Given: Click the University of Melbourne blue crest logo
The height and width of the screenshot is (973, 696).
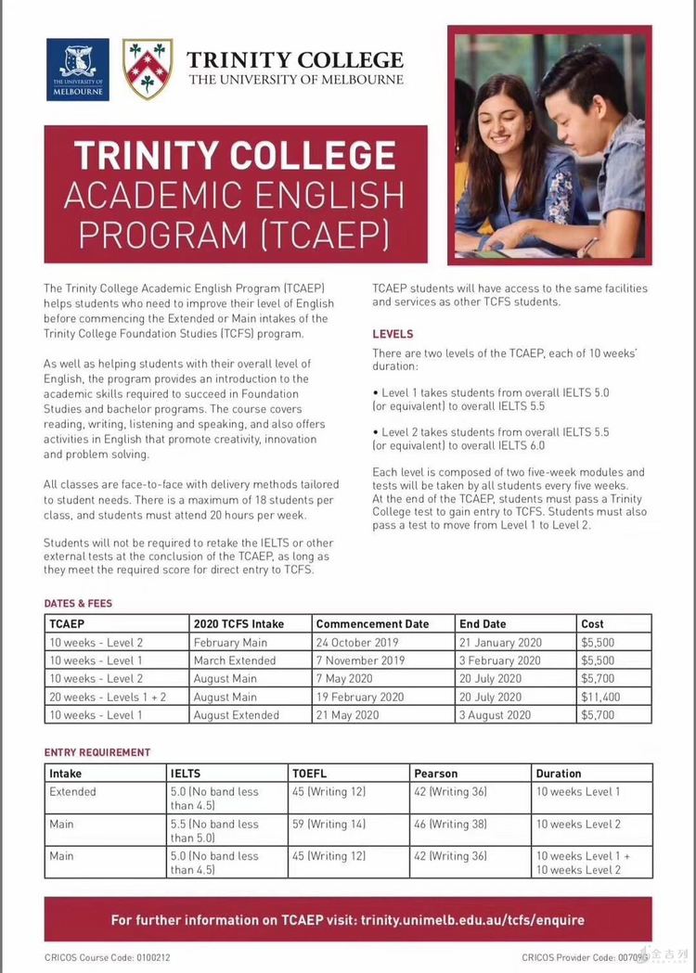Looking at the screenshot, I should (77, 69).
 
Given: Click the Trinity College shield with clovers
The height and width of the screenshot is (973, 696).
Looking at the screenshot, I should (147, 69).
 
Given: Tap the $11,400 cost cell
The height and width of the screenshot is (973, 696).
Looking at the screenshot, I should (600, 697).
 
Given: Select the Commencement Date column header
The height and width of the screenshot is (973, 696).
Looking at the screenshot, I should (372, 624).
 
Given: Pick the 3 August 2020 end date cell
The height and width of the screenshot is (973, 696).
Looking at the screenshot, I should (496, 715).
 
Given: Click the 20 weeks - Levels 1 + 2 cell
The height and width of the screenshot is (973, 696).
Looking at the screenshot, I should (108, 697).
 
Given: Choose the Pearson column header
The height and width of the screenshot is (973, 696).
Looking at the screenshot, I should (436, 774).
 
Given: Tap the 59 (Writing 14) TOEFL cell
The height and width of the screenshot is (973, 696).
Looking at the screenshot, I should (329, 824).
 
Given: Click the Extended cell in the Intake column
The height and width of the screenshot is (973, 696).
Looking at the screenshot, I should (72, 792).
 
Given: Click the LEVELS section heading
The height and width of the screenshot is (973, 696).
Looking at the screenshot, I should (393, 334).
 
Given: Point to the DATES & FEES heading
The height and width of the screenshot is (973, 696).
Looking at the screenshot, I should (78, 604).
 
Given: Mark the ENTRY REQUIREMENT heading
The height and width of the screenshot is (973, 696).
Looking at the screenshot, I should (97, 752).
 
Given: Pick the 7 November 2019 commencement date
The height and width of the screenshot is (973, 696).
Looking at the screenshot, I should (360, 660).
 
